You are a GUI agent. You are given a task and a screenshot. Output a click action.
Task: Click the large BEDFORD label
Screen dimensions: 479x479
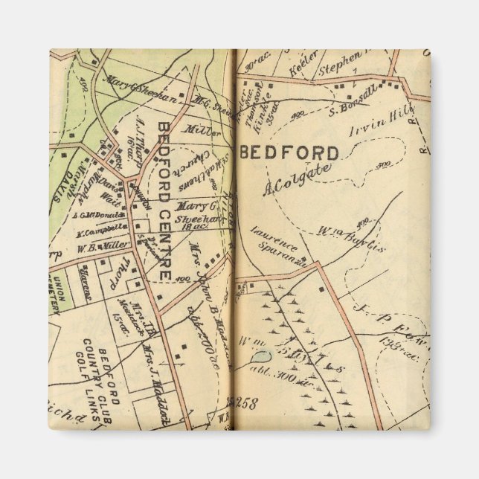pyautogui.click(x=290, y=153)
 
